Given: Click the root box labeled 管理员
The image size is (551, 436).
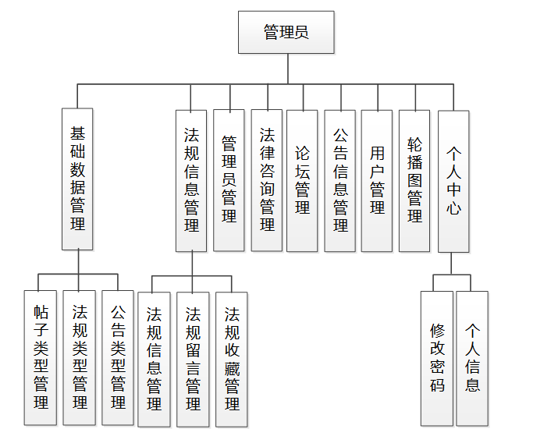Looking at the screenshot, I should click(x=286, y=32).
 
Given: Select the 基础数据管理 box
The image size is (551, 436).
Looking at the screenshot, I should click(x=77, y=179).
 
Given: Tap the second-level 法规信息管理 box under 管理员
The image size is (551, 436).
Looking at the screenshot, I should click(x=191, y=180).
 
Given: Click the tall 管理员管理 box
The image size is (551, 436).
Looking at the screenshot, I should click(x=229, y=180).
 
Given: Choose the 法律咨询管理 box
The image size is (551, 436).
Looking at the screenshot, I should click(x=267, y=180).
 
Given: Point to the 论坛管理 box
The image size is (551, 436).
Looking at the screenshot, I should click(x=302, y=180).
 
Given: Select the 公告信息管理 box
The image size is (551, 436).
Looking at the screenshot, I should click(x=340, y=180).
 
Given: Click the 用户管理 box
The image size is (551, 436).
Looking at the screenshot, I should click(x=377, y=180).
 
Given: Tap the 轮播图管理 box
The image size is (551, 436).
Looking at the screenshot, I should click(x=414, y=180).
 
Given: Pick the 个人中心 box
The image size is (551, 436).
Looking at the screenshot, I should click(x=453, y=180).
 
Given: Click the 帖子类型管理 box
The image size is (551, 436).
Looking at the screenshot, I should click(x=41, y=358).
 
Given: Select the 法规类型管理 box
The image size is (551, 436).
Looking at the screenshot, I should click(x=80, y=358).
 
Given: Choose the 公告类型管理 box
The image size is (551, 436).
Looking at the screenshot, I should click(x=118, y=358).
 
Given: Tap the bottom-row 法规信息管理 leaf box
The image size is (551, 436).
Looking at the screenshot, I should click(x=154, y=359).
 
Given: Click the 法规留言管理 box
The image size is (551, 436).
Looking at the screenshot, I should click(x=193, y=359).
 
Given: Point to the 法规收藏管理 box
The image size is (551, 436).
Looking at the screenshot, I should click(x=232, y=359).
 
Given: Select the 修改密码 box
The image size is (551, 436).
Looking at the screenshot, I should click(x=437, y=358).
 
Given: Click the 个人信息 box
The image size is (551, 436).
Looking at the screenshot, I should click(x=472, y=358).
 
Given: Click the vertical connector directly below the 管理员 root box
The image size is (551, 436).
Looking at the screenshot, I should click(x=287, y=68).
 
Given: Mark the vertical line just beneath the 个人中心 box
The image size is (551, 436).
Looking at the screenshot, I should click(x=452, y=263).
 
